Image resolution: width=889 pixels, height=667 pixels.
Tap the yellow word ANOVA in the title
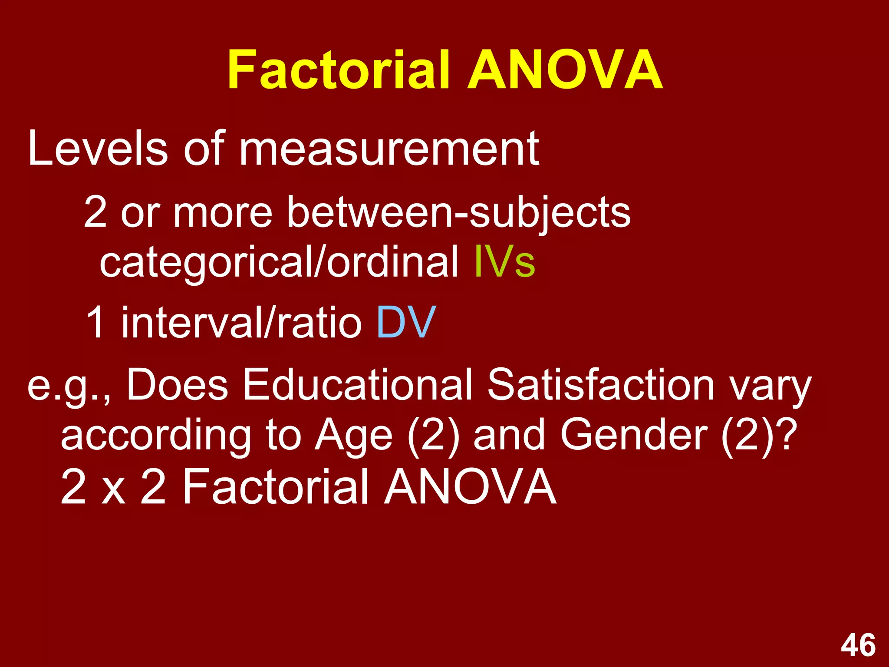565,69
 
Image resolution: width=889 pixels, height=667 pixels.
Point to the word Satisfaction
601,385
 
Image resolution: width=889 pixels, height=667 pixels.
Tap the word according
156,436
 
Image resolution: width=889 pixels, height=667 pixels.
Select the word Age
354,436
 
